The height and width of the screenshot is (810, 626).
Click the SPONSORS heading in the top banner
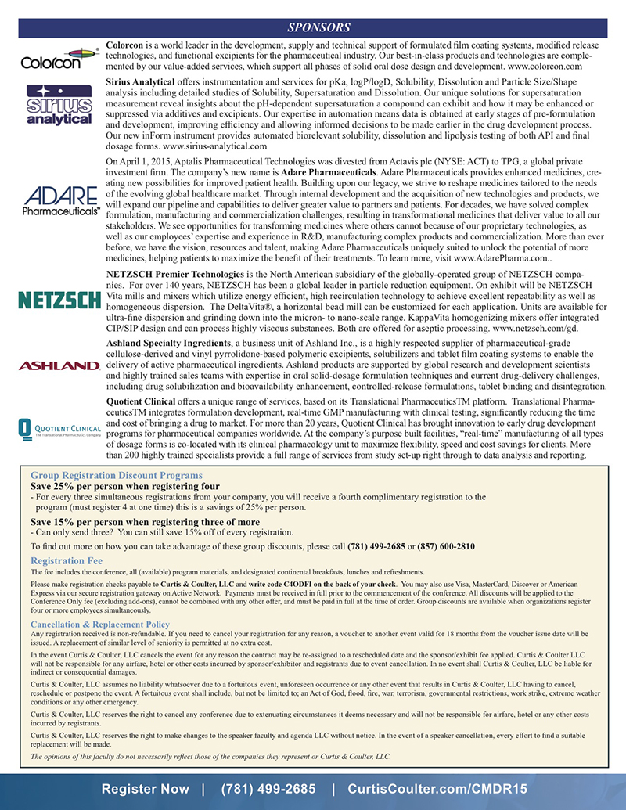pyautogui.click(x=313, y=28)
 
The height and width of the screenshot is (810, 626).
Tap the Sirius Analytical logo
pyautogui.click(x=59, y=106)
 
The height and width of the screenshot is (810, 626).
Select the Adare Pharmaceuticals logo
pyautogui.click(x=60, y=200)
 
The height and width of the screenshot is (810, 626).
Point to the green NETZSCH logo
pyautogui.click(x=59, y=300)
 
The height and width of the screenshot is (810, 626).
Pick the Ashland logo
pyautogui.click(x=59, y=365)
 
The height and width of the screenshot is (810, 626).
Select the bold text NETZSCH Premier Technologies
pyautogui.click(x=174, y=275)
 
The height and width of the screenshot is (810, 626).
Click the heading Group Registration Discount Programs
pyautogui.click(x=117, y=475)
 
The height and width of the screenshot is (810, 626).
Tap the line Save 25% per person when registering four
pyautogui.click(x=124, y=486)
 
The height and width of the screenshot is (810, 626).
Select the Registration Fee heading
pyautogui.click(x=67, y=560)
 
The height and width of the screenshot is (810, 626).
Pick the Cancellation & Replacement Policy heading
pyautogui.click(x=100, y=624)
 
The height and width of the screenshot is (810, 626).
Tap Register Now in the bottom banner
pyautogui.click(x=146, y=788)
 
